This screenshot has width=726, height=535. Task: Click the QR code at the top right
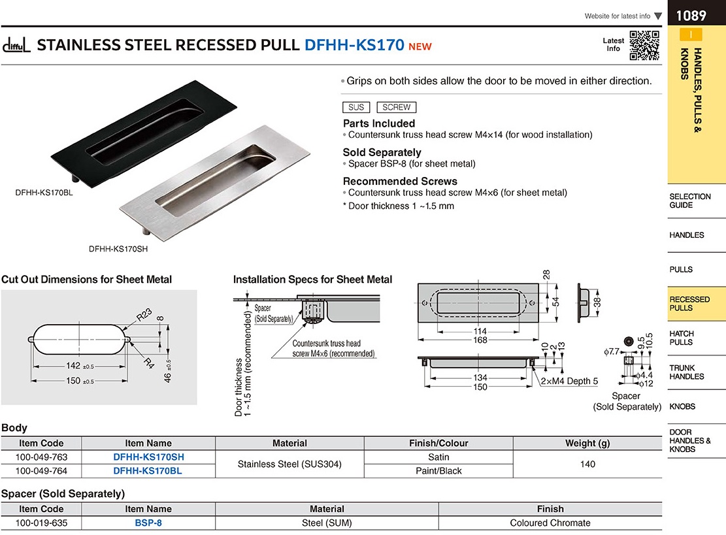pos(643,45)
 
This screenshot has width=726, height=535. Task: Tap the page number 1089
pos(691,15)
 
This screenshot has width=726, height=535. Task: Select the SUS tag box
pos(356,107)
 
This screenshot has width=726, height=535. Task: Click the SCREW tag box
pos(396,107)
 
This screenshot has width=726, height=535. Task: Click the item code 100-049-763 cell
pos(41,457)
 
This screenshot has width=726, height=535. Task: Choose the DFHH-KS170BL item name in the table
pos(148,470)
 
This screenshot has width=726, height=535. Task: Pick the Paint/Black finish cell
pos(438,470)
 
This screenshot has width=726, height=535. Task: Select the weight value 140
pos(587,464)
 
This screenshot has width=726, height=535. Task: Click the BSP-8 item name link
pos(148,523)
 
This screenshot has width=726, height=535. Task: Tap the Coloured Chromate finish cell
pos(550,523)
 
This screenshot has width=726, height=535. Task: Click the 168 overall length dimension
pos(480,340)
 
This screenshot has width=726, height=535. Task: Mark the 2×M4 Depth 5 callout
pos(569,381)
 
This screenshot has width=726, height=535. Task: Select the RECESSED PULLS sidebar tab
pos(689,304)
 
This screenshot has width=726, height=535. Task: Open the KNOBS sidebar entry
pos(682,406)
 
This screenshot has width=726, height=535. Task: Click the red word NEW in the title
pos(420,46)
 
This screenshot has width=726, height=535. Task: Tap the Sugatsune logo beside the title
pos(17,46)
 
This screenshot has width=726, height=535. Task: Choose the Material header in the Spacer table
pos(327,509)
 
